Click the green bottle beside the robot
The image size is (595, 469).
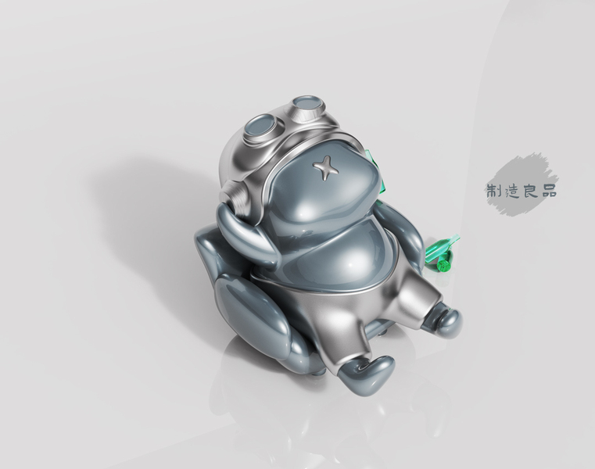[x=442, y=253]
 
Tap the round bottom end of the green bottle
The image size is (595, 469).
[x=443, y=265]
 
